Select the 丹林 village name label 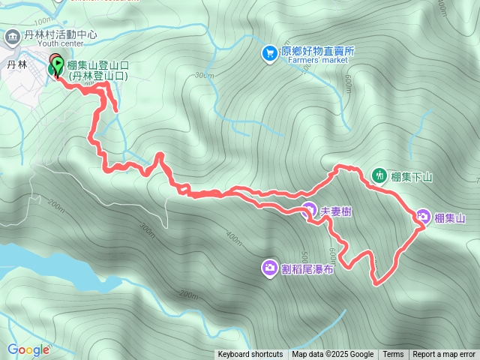tap(17, 65)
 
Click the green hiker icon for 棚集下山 tap(379, 176)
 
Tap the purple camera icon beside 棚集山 tap(423, 217)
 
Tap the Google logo tap(28, 349)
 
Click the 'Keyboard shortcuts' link tap(250, 355)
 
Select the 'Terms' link tap(393, 355)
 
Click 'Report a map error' tap(444, 355)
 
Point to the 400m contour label tap(233, 239)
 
